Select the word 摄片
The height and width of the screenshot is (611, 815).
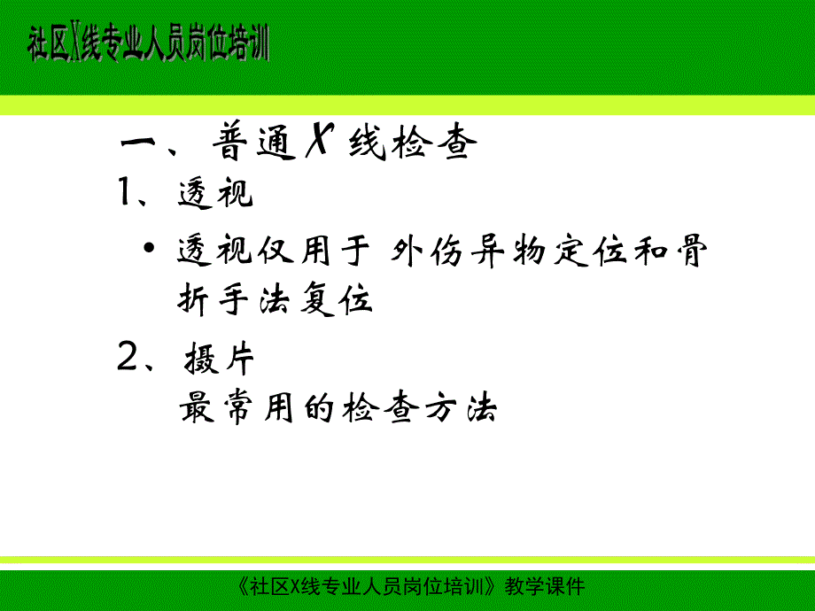tap(220, 360)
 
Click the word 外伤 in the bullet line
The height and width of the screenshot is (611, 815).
tap(423, 252)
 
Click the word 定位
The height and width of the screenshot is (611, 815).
tap(600, 252)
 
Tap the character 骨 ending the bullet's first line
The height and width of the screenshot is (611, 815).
tap(690, 252)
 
